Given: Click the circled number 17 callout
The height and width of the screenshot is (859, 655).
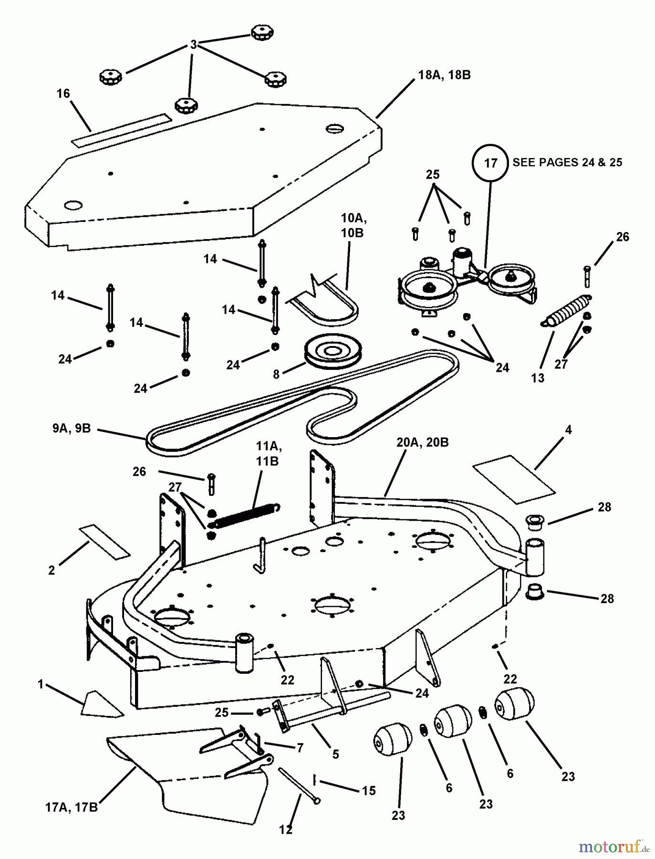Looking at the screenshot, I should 491,163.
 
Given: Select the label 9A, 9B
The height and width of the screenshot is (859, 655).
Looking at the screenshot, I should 72,428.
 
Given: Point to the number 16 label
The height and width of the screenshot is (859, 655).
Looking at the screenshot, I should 63,94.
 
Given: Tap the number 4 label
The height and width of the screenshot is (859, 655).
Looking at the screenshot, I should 568,430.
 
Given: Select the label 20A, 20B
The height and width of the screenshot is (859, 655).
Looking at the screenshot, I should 422,443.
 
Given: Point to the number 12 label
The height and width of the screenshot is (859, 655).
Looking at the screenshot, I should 285,830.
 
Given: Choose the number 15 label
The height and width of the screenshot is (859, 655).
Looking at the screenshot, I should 369,791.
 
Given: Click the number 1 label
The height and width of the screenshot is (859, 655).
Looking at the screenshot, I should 41,685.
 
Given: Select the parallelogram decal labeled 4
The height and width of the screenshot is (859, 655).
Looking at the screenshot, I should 514,479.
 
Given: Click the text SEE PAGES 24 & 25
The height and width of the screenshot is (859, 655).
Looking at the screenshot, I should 567,162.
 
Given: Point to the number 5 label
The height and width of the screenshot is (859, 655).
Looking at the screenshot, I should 335,754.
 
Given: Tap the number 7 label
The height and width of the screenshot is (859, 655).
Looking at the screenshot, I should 300,747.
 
